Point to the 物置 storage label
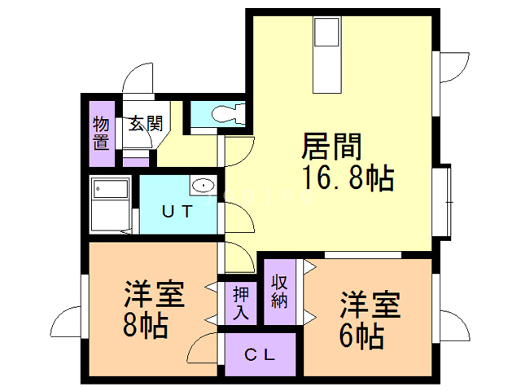pyautogui.click(x=101, y=133)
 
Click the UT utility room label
pyautogui.click(x=177, y=212)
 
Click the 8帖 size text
pyautogui.click(x=147, y=326)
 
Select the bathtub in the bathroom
pyautogui.click(x=111, y=204)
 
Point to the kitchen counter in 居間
pyautogui.click(x=327, y=57)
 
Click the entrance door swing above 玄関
pyautogui.click(x=138, y=81)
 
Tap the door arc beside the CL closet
pyautogui.click(x=204, y=352)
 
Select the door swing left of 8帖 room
pyautogui.click(x=65, y=319)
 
